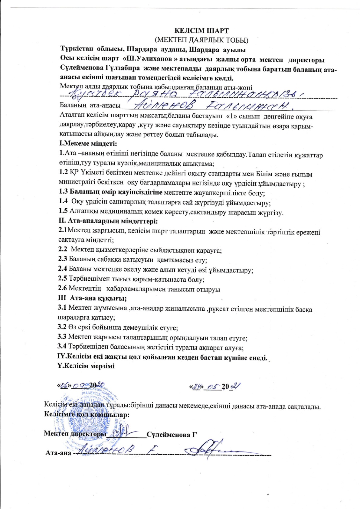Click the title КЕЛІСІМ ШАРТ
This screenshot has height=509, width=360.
201,31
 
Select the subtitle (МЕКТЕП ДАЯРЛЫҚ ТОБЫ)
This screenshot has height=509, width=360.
201,40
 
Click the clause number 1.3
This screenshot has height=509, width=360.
63,192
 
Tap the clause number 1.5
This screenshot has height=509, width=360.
63,211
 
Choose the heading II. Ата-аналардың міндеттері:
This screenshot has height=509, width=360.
108,221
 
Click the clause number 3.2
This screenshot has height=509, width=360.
62,327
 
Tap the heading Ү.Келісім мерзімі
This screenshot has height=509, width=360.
86,366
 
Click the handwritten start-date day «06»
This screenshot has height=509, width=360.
64,385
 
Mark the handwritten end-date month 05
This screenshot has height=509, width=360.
214,386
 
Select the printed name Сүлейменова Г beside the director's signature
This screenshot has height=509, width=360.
172,435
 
